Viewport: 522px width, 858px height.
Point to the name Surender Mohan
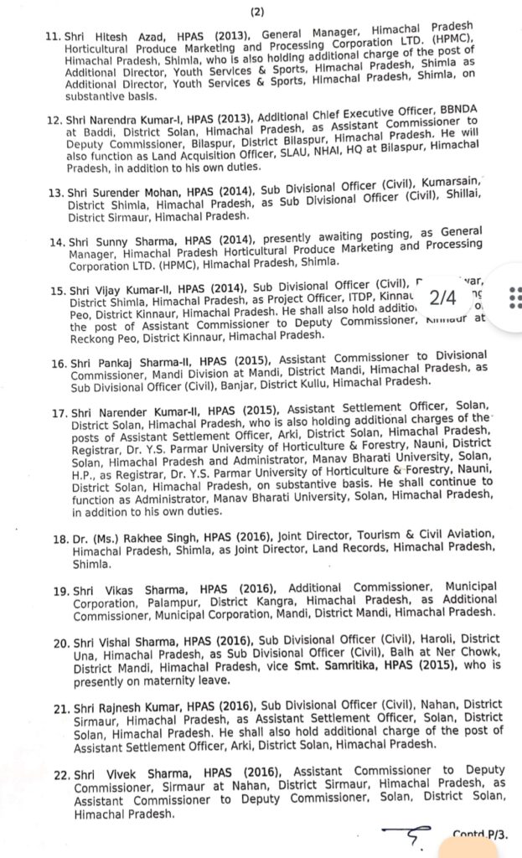pos(118,194)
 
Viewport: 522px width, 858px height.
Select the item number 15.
pos(56,290)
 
